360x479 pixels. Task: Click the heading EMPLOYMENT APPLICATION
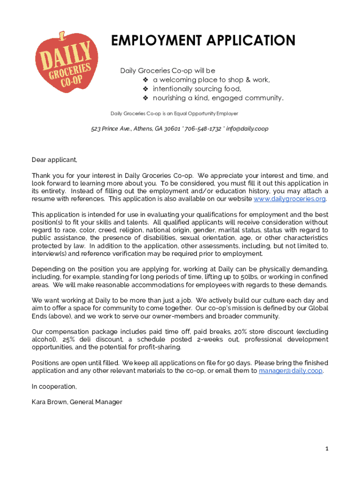[x=203, y=41]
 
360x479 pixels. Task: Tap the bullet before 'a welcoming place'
[x=145, y=80]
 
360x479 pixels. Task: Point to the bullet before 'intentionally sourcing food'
[x=145, y=89]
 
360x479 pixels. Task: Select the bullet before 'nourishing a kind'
[x=145, y=98]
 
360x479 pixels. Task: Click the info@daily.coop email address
[x=247, y=129]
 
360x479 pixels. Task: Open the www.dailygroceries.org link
[x=289, y=199]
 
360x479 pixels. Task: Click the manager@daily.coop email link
[x=290, y=371]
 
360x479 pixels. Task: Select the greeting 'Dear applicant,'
[x=54, y=160]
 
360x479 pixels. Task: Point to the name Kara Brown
[x=49, y=402]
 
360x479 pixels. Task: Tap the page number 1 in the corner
[x=327, y=449]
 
